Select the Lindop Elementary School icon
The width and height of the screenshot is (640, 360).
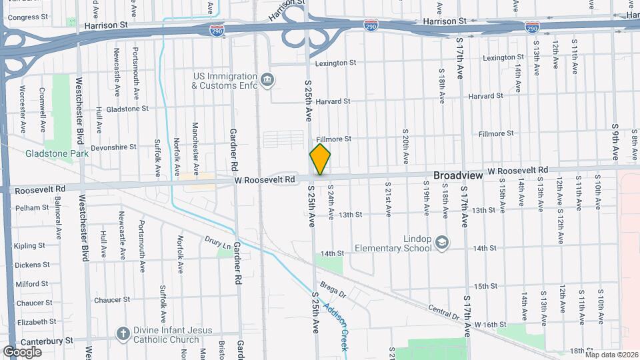tap(441, 243)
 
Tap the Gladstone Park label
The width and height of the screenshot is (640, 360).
tap(47, 153)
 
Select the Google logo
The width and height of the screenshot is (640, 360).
tap(22, 351)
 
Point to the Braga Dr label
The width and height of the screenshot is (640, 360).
tap(333, 291)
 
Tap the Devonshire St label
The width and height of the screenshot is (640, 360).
tap(113, 146)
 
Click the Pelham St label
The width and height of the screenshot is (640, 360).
tap(33, 208)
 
